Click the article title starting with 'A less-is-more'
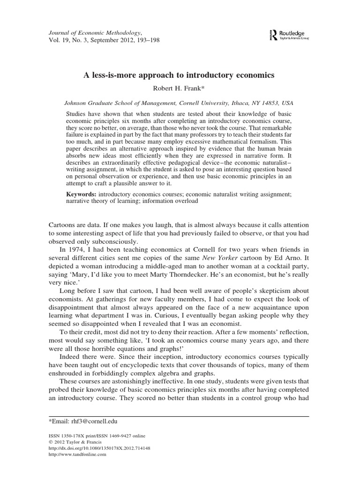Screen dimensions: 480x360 tap(180, 75)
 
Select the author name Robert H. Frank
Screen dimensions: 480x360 tap(180, 88)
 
